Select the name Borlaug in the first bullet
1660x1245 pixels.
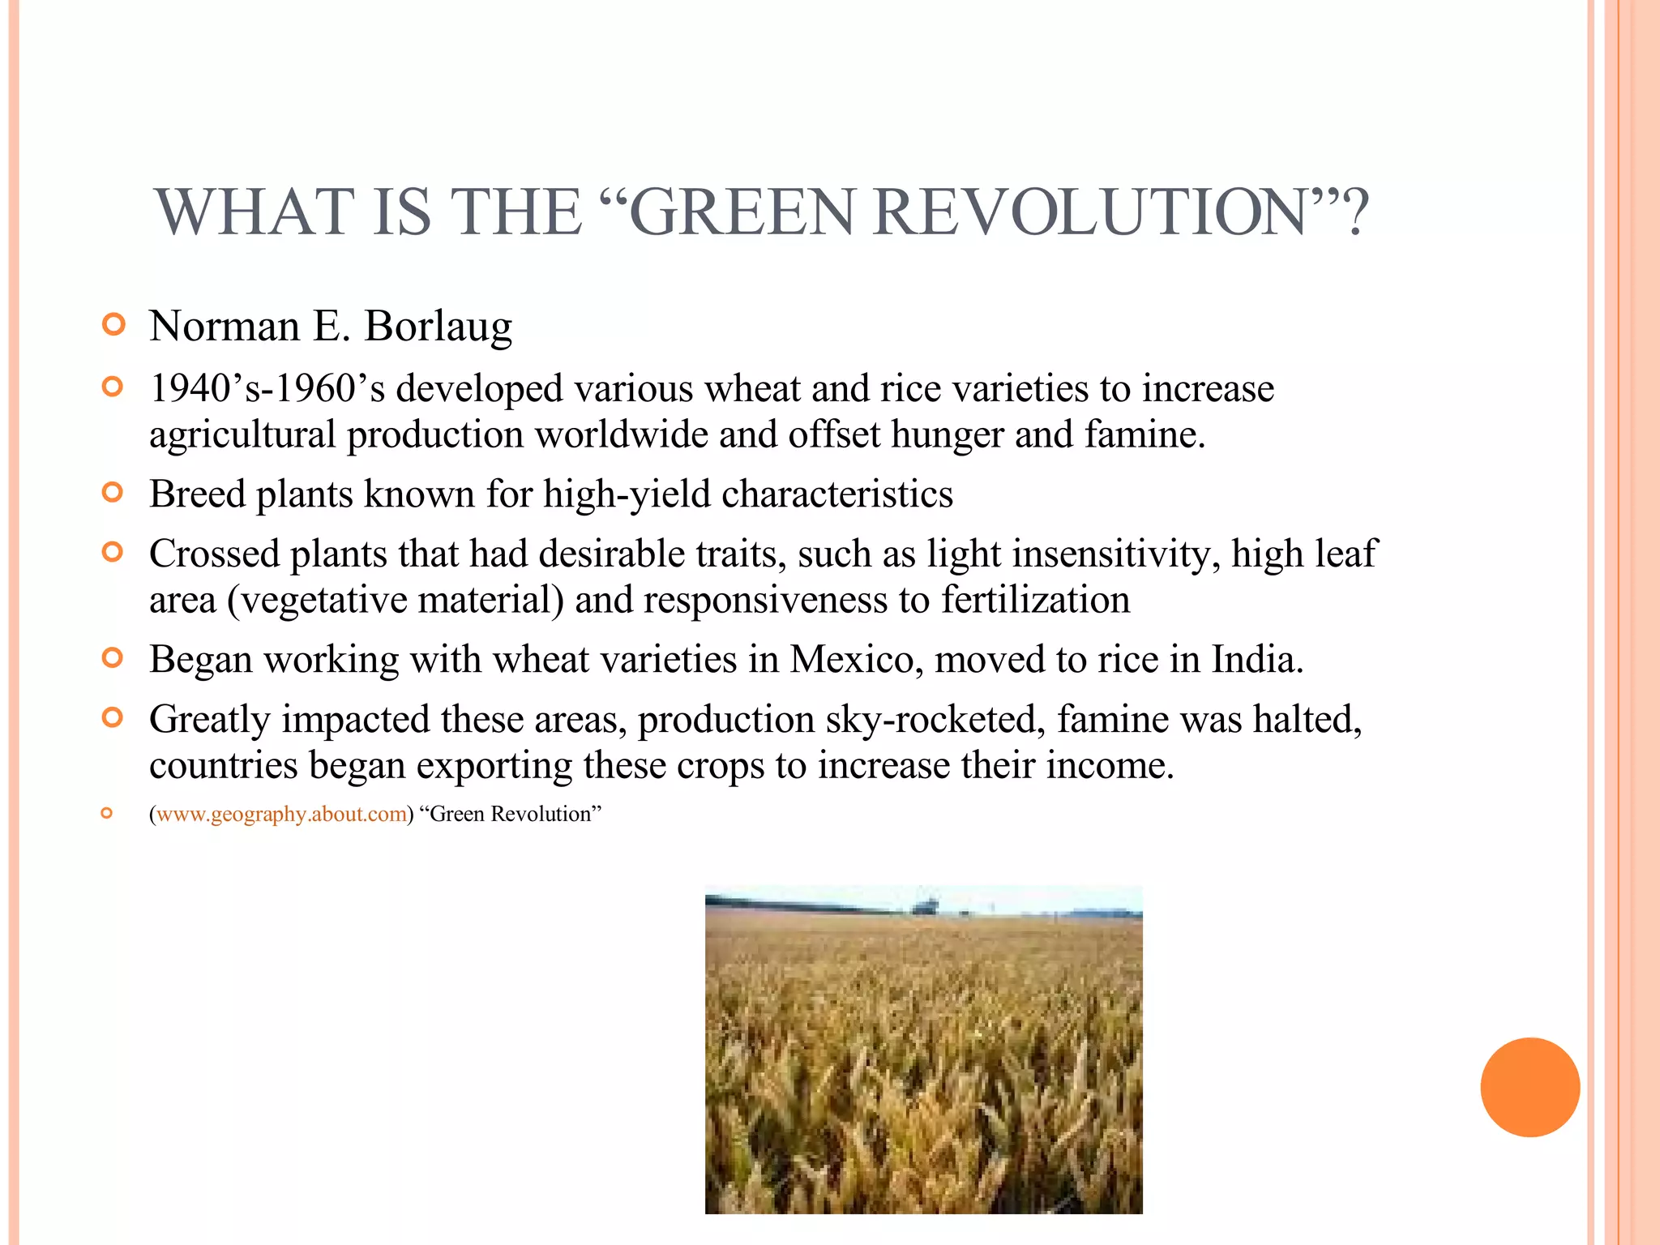(x=438, y=327)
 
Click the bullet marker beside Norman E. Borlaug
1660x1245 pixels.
(x=114, y=325)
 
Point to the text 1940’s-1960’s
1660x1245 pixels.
(x=267, y=388)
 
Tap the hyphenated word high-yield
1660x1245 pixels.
(x=627, y=494)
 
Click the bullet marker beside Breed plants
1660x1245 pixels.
(x=113, y=492)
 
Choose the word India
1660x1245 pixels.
(x=1256, y=660)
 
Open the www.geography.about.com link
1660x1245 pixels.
(x=281, y=815)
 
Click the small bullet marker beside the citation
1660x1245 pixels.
(x=107, y=813)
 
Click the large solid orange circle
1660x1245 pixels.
(x=1530, y=1087)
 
